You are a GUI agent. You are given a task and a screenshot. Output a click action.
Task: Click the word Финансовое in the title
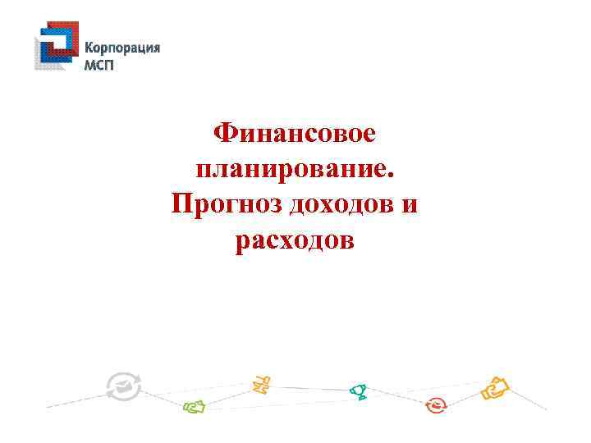click(x=295, y=132)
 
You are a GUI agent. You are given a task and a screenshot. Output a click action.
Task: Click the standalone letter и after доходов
click(x=410, y=206)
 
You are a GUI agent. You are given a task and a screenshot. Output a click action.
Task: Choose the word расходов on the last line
click(x=295, y=241)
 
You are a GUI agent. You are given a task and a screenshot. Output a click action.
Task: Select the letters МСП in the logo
click(x=100, y=65)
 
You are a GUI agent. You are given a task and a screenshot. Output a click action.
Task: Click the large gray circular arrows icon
click(x=124, y=386)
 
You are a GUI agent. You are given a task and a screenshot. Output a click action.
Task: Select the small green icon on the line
click(x=194, y=404)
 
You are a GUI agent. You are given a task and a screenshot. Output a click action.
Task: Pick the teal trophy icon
click(x=358, y=391)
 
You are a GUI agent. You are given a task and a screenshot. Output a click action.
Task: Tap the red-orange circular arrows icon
click(x=436, y=404)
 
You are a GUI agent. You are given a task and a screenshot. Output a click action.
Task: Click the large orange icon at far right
click(x=496, y=388)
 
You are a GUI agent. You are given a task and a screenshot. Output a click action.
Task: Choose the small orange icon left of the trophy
click(x=262, y=382)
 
